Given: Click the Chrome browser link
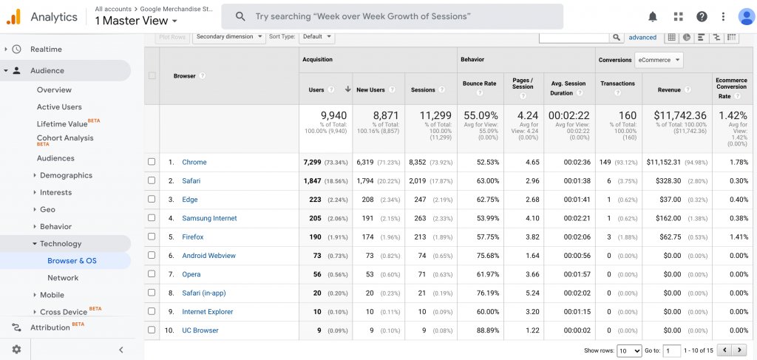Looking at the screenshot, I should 194,162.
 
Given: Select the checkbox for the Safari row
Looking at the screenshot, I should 152,180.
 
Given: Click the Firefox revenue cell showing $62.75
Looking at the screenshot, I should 671,237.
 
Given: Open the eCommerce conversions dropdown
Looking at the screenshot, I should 659,60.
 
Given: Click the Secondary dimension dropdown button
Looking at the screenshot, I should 229,36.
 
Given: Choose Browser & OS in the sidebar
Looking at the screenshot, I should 72,261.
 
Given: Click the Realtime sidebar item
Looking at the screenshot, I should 46,50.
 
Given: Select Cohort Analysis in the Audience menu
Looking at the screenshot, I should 65,138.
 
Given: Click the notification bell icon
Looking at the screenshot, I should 653,16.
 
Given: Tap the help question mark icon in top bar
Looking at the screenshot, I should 702,16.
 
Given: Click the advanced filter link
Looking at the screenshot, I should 642,37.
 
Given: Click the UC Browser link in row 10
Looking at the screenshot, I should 200,330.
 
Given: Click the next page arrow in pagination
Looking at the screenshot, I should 740,350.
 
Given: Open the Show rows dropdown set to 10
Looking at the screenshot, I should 629,350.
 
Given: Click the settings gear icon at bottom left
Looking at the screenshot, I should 16,350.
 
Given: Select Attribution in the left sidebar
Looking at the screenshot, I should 50,327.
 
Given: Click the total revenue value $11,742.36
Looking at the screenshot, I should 679,115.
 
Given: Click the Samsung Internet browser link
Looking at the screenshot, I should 209,218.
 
